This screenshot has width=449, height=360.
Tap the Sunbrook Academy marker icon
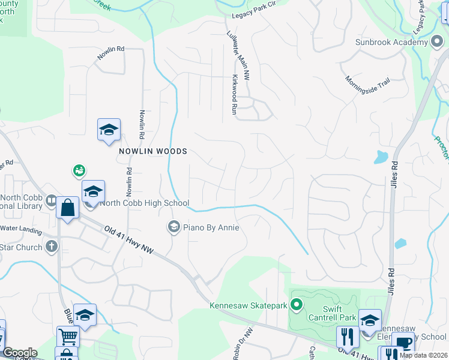438,43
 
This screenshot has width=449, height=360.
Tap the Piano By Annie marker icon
173,227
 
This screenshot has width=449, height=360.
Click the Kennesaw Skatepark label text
248,306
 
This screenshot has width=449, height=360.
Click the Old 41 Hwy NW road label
130,241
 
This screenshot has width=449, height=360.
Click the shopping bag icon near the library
67,209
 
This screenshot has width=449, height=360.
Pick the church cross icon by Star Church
52,246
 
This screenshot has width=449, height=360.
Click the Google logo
19,353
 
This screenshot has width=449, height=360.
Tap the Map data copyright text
423,355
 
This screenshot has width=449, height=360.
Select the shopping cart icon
68,337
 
